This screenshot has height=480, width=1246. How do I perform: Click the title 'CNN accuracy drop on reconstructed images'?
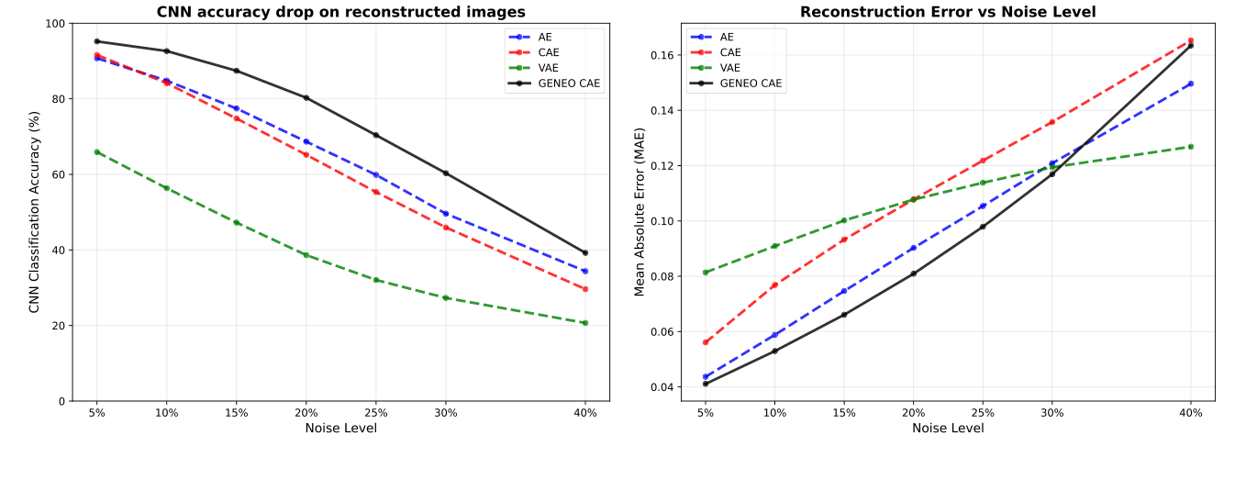click(x=340, y=12)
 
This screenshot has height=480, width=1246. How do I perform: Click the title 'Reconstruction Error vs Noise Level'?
click(x=948, y=12)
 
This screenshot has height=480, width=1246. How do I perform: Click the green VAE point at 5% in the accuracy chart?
click(x=96, y=152)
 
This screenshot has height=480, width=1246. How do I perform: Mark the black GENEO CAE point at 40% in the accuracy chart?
click(x=584, y=252)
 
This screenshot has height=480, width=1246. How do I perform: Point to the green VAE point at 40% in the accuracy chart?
click(x=584, y=322)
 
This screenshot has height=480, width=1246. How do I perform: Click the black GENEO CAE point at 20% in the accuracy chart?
click(x=306, y=97)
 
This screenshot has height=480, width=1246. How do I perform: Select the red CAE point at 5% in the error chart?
click(x=706, y=342)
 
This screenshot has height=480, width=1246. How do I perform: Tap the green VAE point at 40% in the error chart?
click(x=1191, y=147)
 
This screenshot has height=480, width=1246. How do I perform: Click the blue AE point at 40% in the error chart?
click(x=1191, y=84)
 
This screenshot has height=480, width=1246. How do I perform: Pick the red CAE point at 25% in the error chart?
click(x=983, y=161)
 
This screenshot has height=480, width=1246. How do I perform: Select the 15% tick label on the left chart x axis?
click(x=236, y=413)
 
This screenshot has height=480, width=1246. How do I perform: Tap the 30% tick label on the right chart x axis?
click(x=1052, y=413)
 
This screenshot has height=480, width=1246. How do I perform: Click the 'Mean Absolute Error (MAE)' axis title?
click(x=640, y=212)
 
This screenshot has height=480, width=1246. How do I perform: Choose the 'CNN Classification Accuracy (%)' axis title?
click(x=35, y=212)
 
